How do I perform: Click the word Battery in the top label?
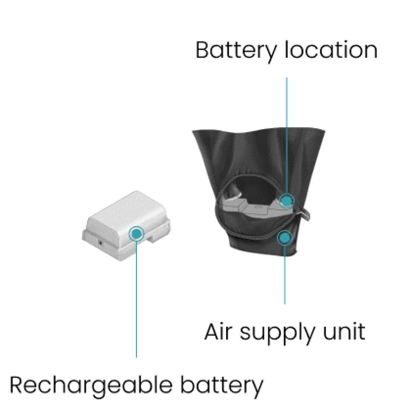pyautogui.click(x=236, y=51)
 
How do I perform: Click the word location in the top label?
pyautogui.click(x=331, y=50)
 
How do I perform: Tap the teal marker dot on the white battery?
pyautogui.click(x=136, y=234)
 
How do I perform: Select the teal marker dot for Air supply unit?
pyautogui.click(x=284, y=237)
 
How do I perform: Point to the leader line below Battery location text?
pyautogui.click(x=287, y=137)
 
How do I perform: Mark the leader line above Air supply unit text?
pyautogui.click(x=285, y=274)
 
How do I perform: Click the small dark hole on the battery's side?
pyautogui.click(x=100, y=242)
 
